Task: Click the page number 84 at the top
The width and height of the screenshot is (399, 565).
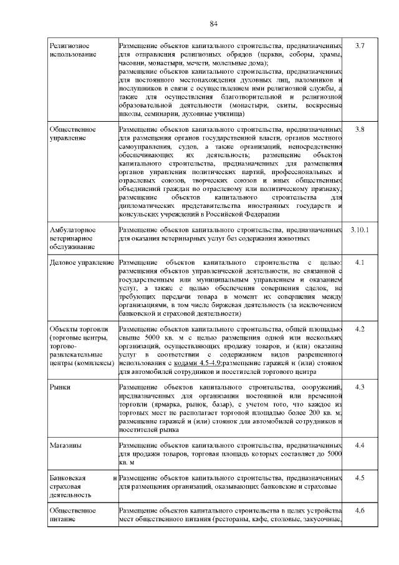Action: [x=213, y=24]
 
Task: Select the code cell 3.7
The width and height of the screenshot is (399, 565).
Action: [x=359, y=47]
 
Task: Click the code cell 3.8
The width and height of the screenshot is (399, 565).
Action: [x=359, y=129]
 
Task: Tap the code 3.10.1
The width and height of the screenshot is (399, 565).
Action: [x=359, y=230]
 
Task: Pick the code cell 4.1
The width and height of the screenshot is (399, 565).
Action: [x=359, y=262]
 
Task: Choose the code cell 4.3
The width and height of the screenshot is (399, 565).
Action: [x=359, y=387]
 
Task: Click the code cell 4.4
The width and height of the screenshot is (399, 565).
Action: [x=359, y=445]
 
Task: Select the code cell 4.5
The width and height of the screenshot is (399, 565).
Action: [x=359, y=478]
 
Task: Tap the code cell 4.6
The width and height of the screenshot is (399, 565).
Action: [x=359, y=511]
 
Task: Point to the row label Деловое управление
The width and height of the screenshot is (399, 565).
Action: [x=82, y=262]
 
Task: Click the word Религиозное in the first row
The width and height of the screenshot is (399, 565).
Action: [x=69, y=47]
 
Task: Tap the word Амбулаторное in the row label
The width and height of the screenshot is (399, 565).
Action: [x=72, y=230]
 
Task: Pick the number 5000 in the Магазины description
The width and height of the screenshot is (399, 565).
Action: [x=334, y=454]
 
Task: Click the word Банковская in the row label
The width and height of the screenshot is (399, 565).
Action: [x=68, y=478]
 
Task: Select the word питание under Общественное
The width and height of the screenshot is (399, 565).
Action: [x=64, y=519]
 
